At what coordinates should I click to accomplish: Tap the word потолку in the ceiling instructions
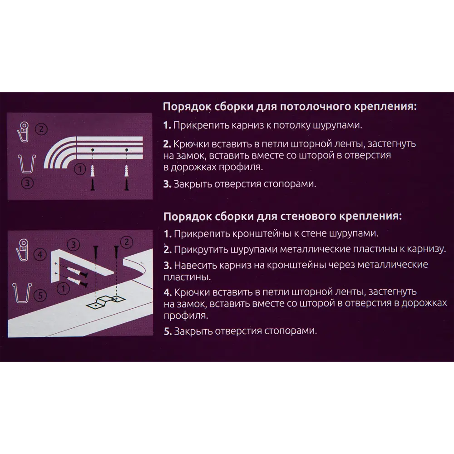tap(292, 125)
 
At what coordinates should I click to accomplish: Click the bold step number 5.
tap(167, 331)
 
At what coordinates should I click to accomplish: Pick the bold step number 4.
tap(167, 291)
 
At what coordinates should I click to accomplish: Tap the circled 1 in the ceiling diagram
tap(80, 169)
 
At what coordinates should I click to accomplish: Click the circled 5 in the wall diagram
tap(40, 296)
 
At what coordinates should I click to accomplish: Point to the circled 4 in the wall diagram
tap(40, 255)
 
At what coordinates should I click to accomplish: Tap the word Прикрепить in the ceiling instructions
tap(196, 125)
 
